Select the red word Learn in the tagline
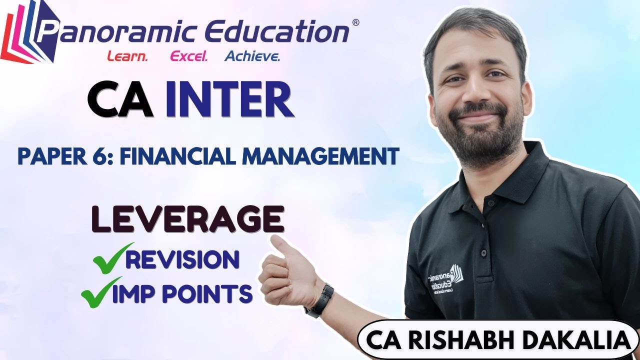(x=127, y=56)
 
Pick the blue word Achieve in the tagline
(x=252, y=56)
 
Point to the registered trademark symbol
(x=355, y=22)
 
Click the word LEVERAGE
(x=187, y=220)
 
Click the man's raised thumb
(x=281, y=245)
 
